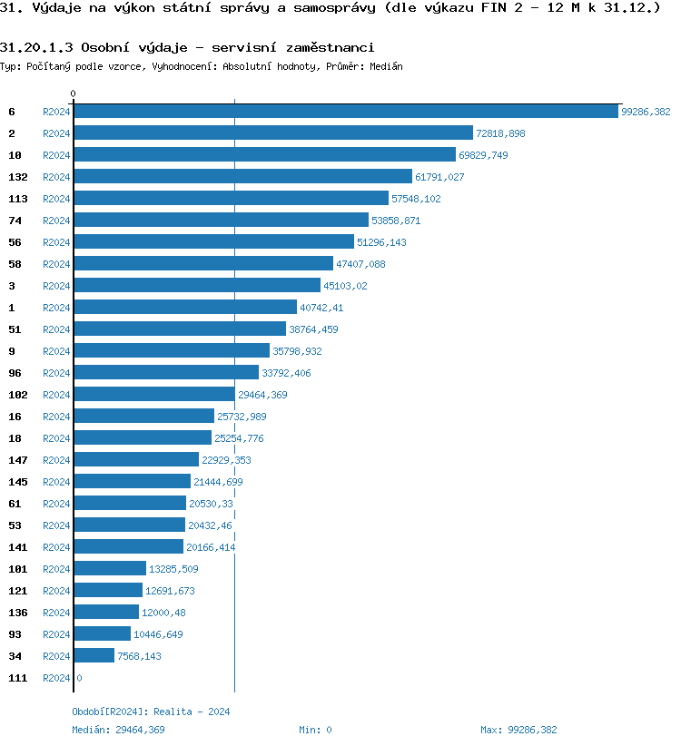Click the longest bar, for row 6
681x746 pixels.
pos(345,112)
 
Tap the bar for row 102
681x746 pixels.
pos(154,395)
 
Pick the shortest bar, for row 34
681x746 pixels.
pos(94,656)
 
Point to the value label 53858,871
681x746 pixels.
pos(396,221)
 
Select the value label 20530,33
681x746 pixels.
pos(211,504)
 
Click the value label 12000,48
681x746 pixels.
pos(163,613)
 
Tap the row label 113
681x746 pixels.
pos(18,199)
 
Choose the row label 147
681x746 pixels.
pos(18,460)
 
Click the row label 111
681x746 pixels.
pos(18,678)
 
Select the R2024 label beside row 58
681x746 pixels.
pos(56,264)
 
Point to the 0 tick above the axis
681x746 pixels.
pos(74,93)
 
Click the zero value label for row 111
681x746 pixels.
pos(79,678)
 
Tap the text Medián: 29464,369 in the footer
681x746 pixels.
pos(118,730)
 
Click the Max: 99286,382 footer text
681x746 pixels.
pos(518,730)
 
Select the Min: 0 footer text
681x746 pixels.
pos(315,730)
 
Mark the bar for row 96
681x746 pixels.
pos(166,373)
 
